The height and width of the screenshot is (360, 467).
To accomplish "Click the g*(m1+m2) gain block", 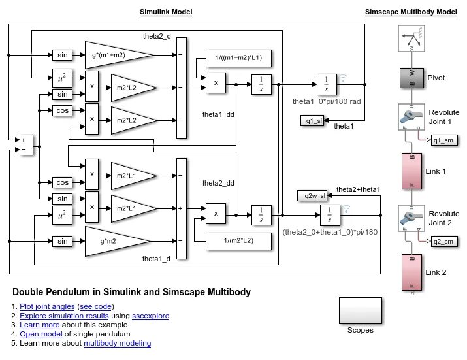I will tap(115, 54).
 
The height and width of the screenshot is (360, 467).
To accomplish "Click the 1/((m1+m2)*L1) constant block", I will tap(238, 58).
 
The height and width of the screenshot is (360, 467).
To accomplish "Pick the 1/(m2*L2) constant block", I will tap(238, 241).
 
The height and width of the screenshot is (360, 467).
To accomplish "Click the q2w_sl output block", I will tap(311, 195).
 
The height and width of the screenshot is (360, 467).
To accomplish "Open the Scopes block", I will tap(360, 310).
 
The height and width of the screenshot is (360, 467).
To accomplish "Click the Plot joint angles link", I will tap(47, 306).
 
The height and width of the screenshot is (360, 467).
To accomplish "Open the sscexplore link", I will tap(150, 316).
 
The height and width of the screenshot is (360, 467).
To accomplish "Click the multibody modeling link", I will tap(117, 343).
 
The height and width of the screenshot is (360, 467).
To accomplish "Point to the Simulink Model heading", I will tap(166, 12).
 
